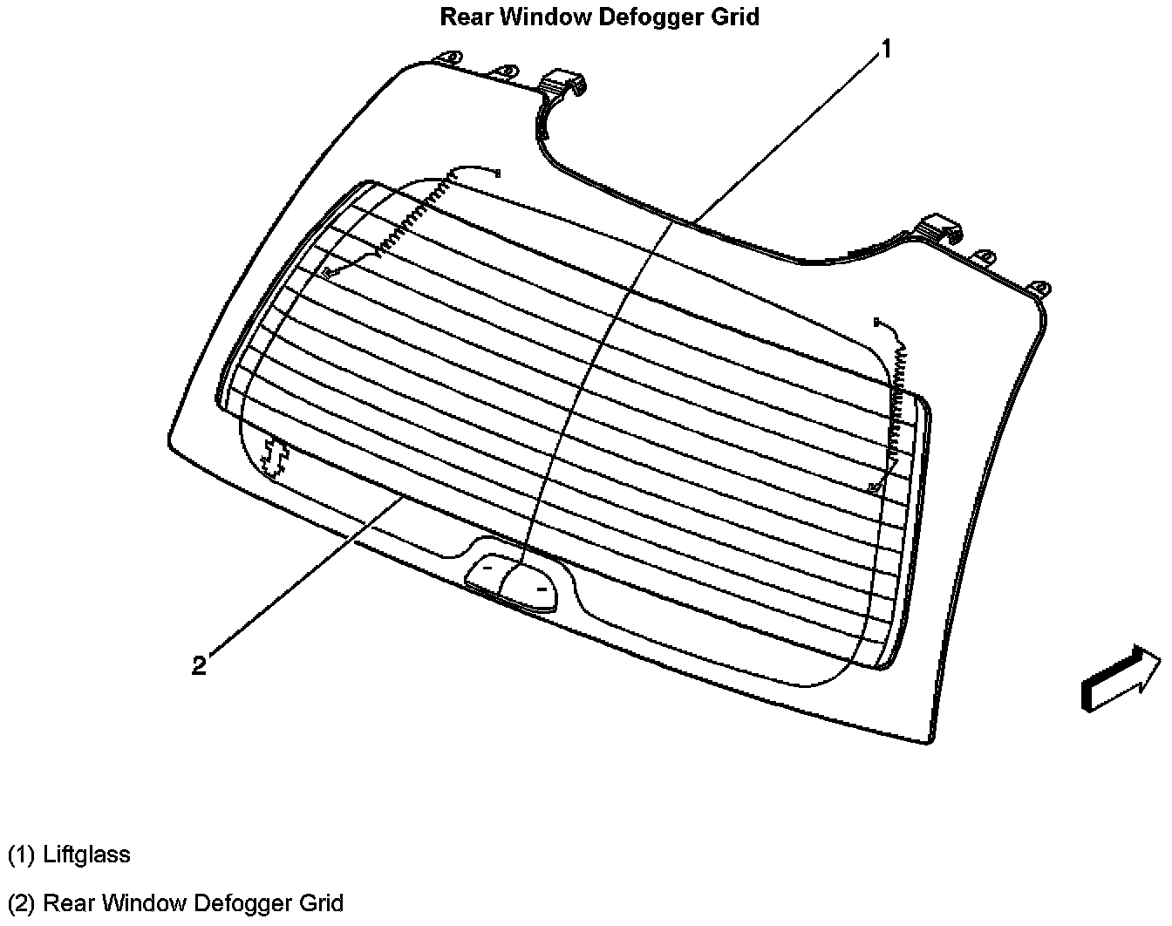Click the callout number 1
(x=886, y=50)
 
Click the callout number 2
(x=200, y=665)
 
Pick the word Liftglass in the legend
(x=87, y=855)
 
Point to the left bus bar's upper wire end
(x=497, y=173)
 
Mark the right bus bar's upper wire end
(x=876, y=323)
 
